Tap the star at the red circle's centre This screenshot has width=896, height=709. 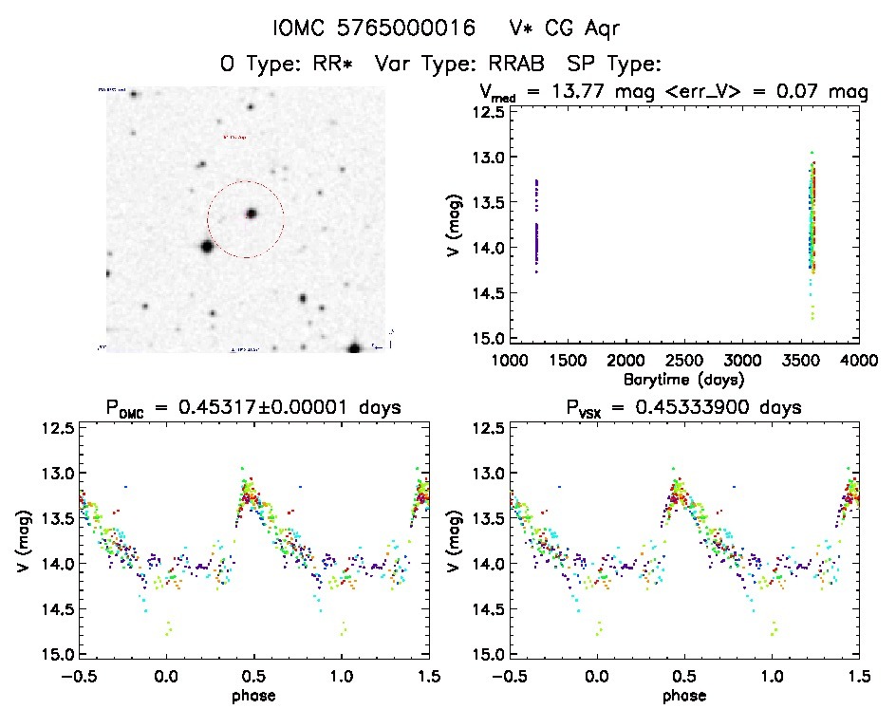coord(252,214)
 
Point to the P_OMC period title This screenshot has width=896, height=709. coord(252,408)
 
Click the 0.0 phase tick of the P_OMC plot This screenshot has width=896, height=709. coord(167,676)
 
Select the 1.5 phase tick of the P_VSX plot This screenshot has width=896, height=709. coord(858,676)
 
